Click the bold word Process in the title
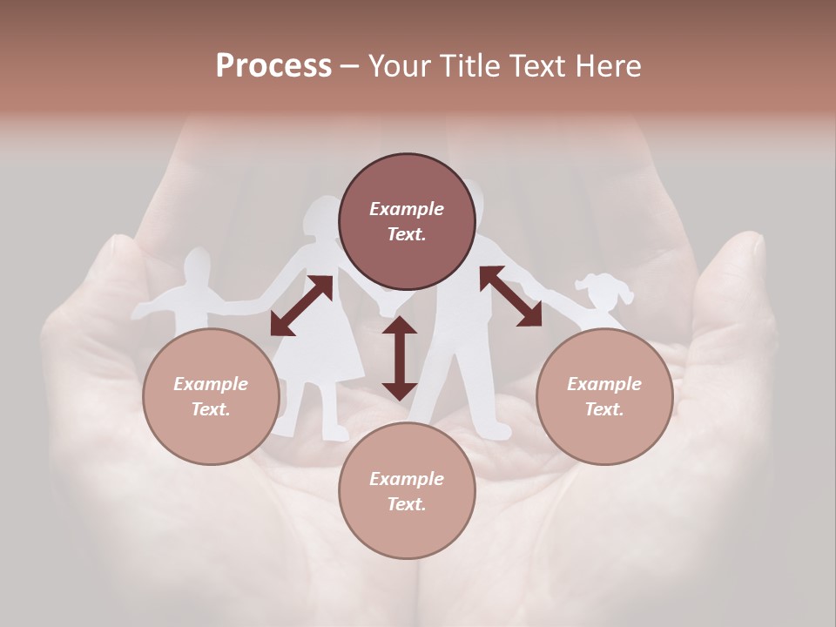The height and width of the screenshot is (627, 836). tap(273, 66)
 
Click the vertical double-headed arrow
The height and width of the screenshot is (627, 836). tap(400, 358)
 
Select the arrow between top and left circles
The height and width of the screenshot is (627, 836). tap(301, 305)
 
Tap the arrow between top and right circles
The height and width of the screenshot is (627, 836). tap(510, 296)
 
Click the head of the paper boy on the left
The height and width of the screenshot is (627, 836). tap(198, 265)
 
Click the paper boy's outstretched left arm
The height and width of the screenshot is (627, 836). tap(152, 306)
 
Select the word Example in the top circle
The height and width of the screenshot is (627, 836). tap(407, 209)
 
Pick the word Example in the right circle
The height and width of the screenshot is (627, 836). tap(604, 384)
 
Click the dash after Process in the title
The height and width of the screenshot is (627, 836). tap(350, 66)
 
